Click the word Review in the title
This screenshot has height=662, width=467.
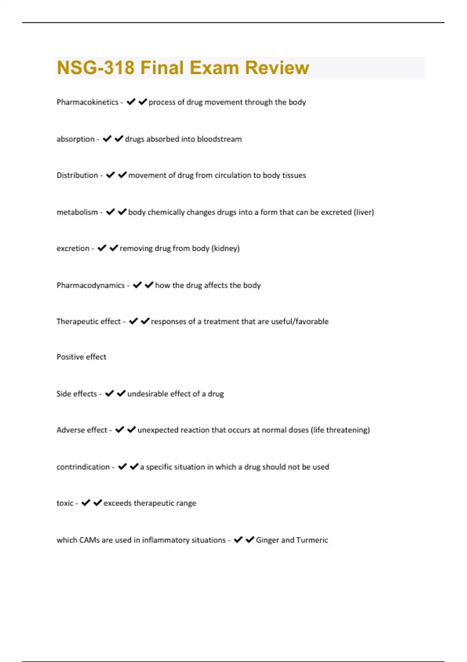277,68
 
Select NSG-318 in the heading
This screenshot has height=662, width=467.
95,68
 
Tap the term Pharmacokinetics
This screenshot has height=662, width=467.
87,102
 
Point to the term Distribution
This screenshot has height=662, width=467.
77,175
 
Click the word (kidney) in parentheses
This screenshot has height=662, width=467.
225,248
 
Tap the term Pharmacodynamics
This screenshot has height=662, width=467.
90,285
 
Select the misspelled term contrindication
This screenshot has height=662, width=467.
83,467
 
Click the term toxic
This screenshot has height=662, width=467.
65,503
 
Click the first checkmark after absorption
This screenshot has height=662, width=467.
107,139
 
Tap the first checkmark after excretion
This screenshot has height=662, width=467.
102,248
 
